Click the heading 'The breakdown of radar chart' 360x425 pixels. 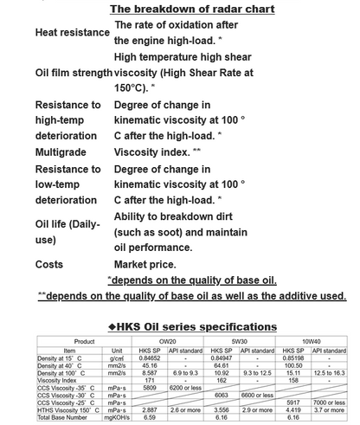click(192, 9)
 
